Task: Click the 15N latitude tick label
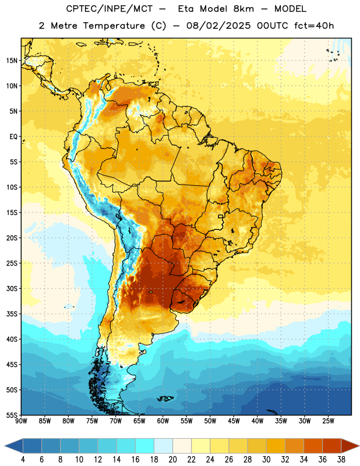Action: coord(12,61)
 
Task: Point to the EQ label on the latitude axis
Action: coord(13,137)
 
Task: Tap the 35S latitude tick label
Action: coord(12,314)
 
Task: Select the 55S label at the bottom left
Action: coord(12,415)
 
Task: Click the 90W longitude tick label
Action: coord(21,421)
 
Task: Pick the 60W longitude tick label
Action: coord(163,421)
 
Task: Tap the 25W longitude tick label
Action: coord(328,421)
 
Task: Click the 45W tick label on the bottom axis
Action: coord(234,421)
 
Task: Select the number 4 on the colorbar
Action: coord(23,460)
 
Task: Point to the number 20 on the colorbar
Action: coord(172,460)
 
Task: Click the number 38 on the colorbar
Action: coord(341,460)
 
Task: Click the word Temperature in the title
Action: coord(114,26)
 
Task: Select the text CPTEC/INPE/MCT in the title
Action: coord(109,9)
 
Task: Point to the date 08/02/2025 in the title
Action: coord(218,26)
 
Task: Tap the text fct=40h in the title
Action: coord(314,26)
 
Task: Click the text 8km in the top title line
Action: coord(243,9)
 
